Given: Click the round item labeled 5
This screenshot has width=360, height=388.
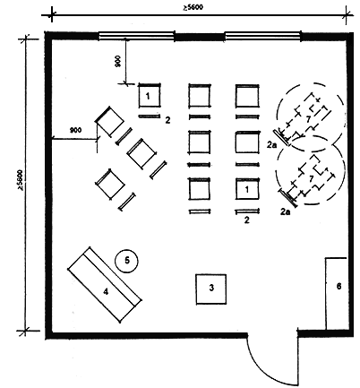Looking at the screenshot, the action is (x=126, y=261).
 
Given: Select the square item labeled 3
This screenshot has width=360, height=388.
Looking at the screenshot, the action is (x=211, y=289).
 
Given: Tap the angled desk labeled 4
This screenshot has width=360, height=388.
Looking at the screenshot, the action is (x=105, y=285).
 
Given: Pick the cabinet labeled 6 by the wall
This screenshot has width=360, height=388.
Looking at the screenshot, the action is (x=336, y=294).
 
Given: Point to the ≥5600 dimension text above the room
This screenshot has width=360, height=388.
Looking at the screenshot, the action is (x=193, y=6).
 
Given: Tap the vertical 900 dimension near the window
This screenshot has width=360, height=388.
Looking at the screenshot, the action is (x=118, y=61).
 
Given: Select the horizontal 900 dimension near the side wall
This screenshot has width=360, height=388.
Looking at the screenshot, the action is (x=75, y=130).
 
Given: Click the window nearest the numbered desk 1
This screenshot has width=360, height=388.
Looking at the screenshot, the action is (x=136, y=36).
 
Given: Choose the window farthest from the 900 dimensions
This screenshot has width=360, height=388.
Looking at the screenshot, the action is (x=262, y=36).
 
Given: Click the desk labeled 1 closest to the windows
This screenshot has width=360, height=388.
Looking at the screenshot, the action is (x=150, y=96).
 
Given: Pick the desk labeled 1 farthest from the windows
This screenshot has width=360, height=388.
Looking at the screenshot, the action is (x=246, y=189).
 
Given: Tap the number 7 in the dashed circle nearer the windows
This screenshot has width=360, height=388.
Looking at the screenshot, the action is (x=308, y=119).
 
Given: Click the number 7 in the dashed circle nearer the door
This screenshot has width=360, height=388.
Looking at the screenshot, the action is (x=311, y=179).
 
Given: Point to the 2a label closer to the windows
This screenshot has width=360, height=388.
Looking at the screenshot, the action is (x=271, y=145).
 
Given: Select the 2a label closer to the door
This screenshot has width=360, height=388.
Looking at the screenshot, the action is (x=285, y=211).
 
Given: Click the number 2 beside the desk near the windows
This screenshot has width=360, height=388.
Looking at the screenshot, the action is (x=167, y=120).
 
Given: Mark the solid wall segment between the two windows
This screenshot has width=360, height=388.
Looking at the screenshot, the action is (x=200, y=37).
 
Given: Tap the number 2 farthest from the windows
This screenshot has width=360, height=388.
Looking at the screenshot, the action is (x=246, y=220).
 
